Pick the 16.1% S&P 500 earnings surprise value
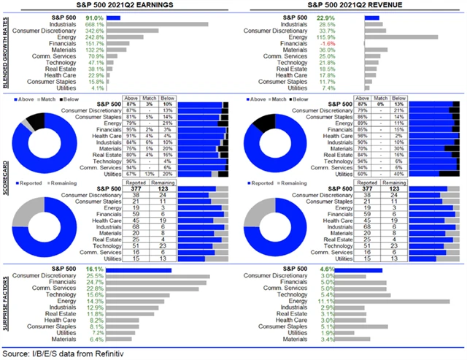(x=116, y=269)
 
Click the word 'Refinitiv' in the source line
(x=117, y=354)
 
